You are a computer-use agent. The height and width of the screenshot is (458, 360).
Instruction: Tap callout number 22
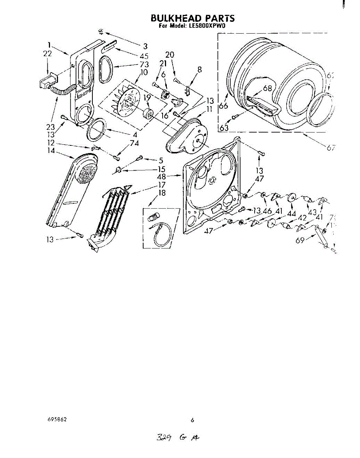tap(47, 55)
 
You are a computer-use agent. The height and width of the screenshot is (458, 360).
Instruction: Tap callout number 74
tap(134, 144)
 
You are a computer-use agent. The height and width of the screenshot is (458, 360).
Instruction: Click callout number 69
tap(300, 240)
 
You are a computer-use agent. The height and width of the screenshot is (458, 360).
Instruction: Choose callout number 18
tap(162, 193)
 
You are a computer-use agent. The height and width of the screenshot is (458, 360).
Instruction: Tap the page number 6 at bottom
tap(192, 420)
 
